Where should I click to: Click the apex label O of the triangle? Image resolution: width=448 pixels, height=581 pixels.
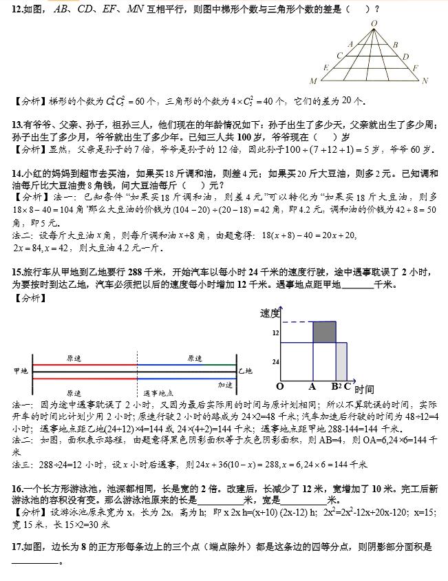tap(374, 23)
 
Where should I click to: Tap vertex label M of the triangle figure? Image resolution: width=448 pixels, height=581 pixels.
tap(313, 81)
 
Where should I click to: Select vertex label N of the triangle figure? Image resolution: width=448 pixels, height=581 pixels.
tap(425, 81)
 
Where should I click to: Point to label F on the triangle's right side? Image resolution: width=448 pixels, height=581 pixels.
tap(415, 68)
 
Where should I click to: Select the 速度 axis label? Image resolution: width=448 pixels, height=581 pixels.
tap(270, 314)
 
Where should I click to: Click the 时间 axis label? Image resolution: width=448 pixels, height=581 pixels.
tap(365, 390)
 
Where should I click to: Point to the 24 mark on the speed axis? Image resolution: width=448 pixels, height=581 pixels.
tap(275, 361)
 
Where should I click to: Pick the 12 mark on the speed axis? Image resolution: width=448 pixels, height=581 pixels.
tap(275, 332)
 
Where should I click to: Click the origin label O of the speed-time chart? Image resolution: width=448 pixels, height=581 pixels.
tap(280, 386)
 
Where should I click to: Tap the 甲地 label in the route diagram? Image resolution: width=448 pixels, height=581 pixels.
tap(21, 371)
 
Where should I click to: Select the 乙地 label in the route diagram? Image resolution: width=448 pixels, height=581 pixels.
tap(246, 371)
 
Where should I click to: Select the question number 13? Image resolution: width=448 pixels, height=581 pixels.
tap(18, 125)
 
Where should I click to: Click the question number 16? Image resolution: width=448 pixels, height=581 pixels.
tap(18, 489)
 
